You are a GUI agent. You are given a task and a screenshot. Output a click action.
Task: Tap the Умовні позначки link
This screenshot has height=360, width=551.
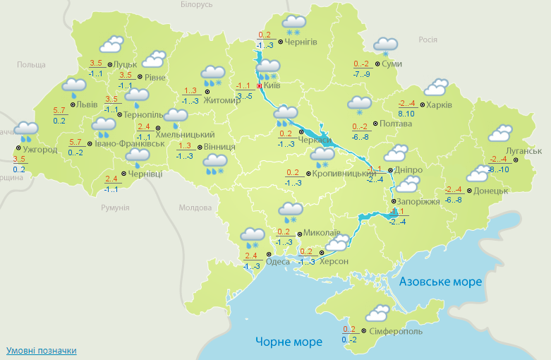tap(41, 350)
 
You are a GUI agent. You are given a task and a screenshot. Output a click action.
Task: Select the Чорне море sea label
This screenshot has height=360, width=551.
tap(289, 342)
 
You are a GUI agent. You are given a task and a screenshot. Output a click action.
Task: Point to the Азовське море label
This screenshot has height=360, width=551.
tap(440, 282)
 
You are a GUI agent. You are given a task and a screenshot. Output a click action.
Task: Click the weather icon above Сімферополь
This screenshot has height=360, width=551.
tap(379, 313)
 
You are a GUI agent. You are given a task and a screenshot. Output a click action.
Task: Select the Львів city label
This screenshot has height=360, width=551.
tap(87, 104)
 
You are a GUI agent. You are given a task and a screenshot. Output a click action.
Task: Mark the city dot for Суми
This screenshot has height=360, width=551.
tap(377, 64)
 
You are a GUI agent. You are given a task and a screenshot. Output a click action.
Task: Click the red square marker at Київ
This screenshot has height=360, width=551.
tap(259, 86)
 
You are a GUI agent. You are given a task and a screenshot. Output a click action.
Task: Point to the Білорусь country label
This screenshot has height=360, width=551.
tap(196, 5)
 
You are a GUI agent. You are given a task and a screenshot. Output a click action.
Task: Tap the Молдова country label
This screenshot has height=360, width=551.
tap(195, 208)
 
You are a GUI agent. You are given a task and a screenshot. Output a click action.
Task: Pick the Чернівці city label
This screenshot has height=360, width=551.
tap(145, 174)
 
